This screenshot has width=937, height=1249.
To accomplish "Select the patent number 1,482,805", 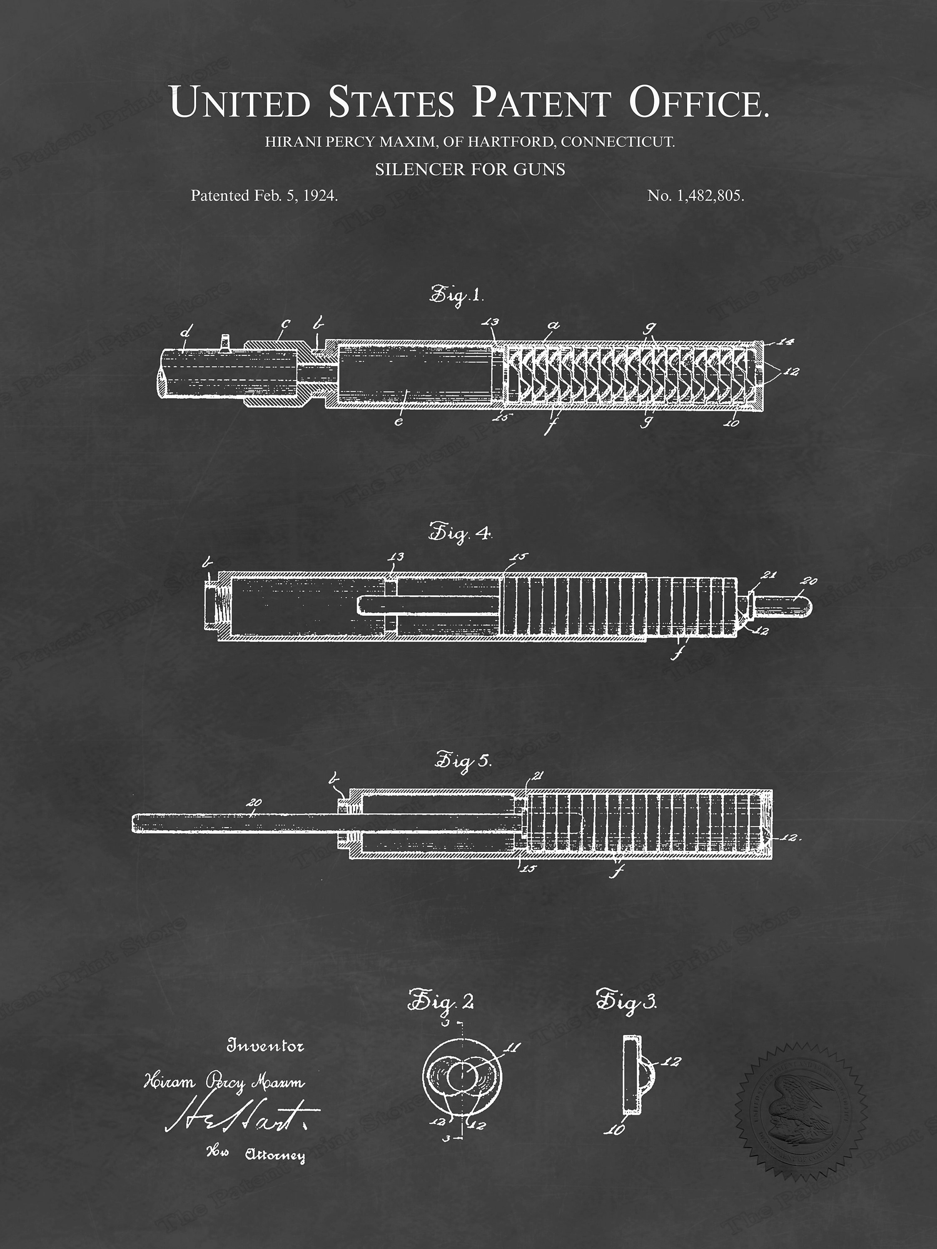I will [x=695, y=196].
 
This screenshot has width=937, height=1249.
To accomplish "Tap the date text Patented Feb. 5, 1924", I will [x=264, y=196].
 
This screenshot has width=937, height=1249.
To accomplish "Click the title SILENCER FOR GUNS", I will [x=470, y=169].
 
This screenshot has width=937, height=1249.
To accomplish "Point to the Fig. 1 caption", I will [x=457, y=294].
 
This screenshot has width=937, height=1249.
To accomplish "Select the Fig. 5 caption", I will [x=463, y=761].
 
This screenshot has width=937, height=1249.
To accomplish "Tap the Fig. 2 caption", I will [x=441, y=1001].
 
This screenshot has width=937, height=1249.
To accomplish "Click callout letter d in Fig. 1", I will [x=184, y=333].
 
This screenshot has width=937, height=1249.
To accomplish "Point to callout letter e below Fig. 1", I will [x=399, y=421].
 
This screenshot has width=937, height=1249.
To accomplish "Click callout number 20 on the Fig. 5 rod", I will [x=254, y=802].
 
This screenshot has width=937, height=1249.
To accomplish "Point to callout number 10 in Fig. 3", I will [x=617, y=1129].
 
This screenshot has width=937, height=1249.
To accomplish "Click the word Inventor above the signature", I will [x=265, y=1046].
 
